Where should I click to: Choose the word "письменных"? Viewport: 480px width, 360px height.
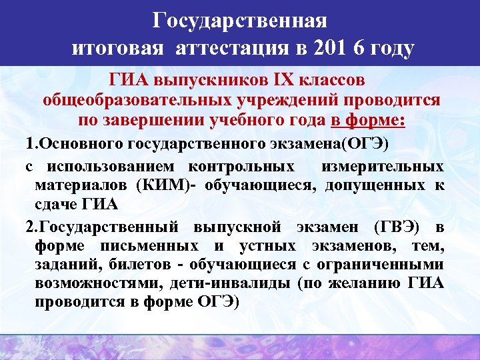tap(140, 247)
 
